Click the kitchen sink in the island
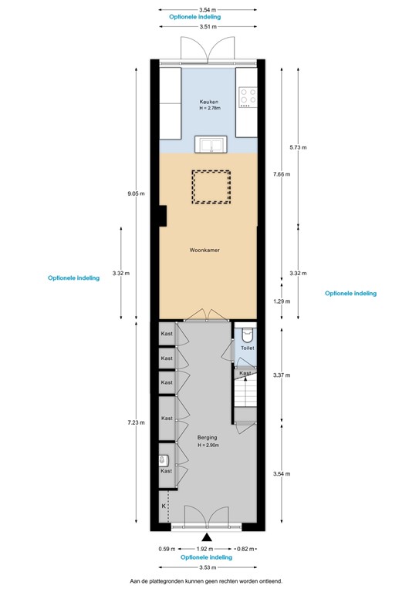[x=208, y=146]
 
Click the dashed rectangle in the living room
[x=211, y=187]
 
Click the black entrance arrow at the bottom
[x=206, y=537]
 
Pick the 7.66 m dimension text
[x=282, y=174]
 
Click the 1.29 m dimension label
[x=282, y=302]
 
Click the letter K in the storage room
[x=164, y=506]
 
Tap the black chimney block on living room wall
[x=162, y=217]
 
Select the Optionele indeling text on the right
[x=350, y=294]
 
